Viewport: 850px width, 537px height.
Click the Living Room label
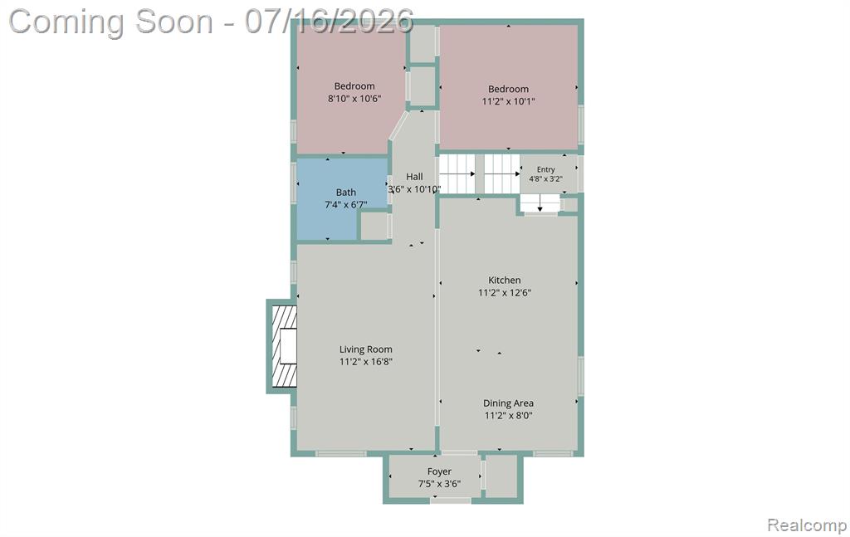click(366, 349)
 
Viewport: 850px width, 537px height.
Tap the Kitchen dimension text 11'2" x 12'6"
click(505, 293)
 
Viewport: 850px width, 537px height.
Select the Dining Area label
click(509, 403)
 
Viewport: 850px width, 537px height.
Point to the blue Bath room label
click(346, 193)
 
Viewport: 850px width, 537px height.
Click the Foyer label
click(439, 472)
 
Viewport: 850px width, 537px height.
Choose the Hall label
click(415, 177)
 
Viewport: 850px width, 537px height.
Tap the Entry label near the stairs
click(546, 169)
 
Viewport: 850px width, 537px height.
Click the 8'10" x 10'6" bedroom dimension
click(354, 99)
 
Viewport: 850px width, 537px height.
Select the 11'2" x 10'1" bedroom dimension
click(509, 101)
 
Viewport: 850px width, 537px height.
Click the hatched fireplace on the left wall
click(284, 346)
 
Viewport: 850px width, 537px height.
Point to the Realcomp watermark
click(807, 525)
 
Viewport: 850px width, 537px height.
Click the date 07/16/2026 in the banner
click(329, 22)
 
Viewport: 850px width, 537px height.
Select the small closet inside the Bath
click(374, 226)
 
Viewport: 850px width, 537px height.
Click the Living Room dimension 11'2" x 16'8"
click(366, 362)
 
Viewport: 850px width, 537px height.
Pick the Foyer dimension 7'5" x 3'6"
click(439, 484)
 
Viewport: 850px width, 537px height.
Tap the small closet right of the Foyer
click(501, 476)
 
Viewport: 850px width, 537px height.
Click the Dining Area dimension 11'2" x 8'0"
click(509, 416)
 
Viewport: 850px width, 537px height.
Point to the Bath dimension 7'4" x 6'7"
click(346, 205)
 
